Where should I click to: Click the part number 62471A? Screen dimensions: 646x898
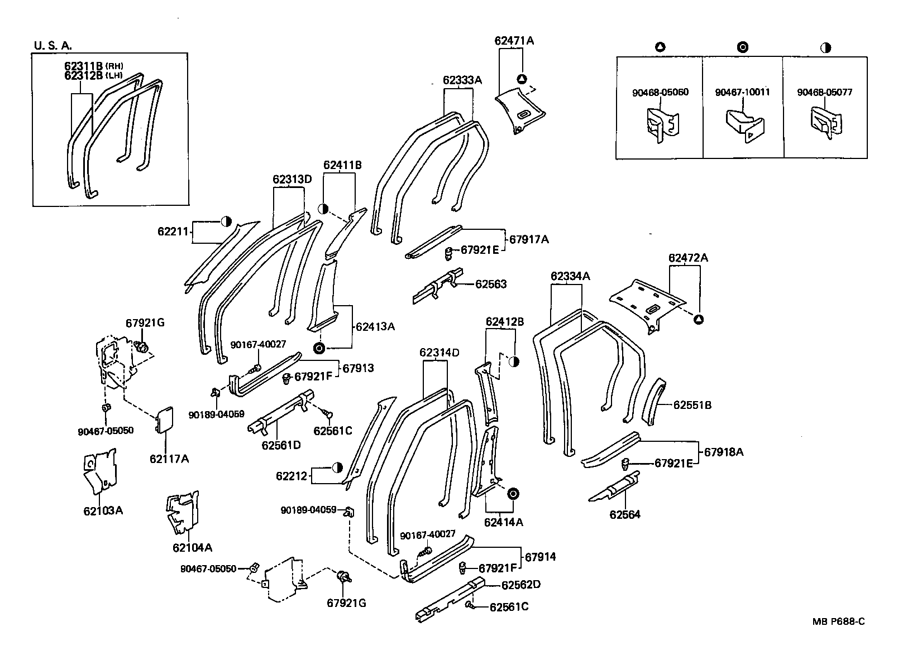click(x=514, y=41)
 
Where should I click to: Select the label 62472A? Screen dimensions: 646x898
click(x=688, y=258)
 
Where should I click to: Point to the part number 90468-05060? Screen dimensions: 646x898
click(x=660, y=92)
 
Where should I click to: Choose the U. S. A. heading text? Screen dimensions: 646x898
click(x=53, y=46)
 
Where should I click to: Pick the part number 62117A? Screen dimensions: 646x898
click(x=169, y=459)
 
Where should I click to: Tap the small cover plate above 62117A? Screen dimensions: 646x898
click(x=164, y=420)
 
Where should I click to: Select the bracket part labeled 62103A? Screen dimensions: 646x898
click(x=100, y=470)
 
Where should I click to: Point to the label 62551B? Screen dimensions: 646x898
click(x=692, y=405)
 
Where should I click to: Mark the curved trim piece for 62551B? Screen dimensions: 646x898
click(x=652, y=402)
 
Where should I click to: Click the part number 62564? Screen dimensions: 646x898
click(x=624, y=514)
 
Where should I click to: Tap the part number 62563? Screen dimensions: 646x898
click(x=490, y=284)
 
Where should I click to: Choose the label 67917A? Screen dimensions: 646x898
click(x=529, y=239)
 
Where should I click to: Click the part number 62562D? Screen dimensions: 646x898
click(x=520, y=585)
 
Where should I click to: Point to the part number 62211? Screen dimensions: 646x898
click(x=174, y=230)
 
